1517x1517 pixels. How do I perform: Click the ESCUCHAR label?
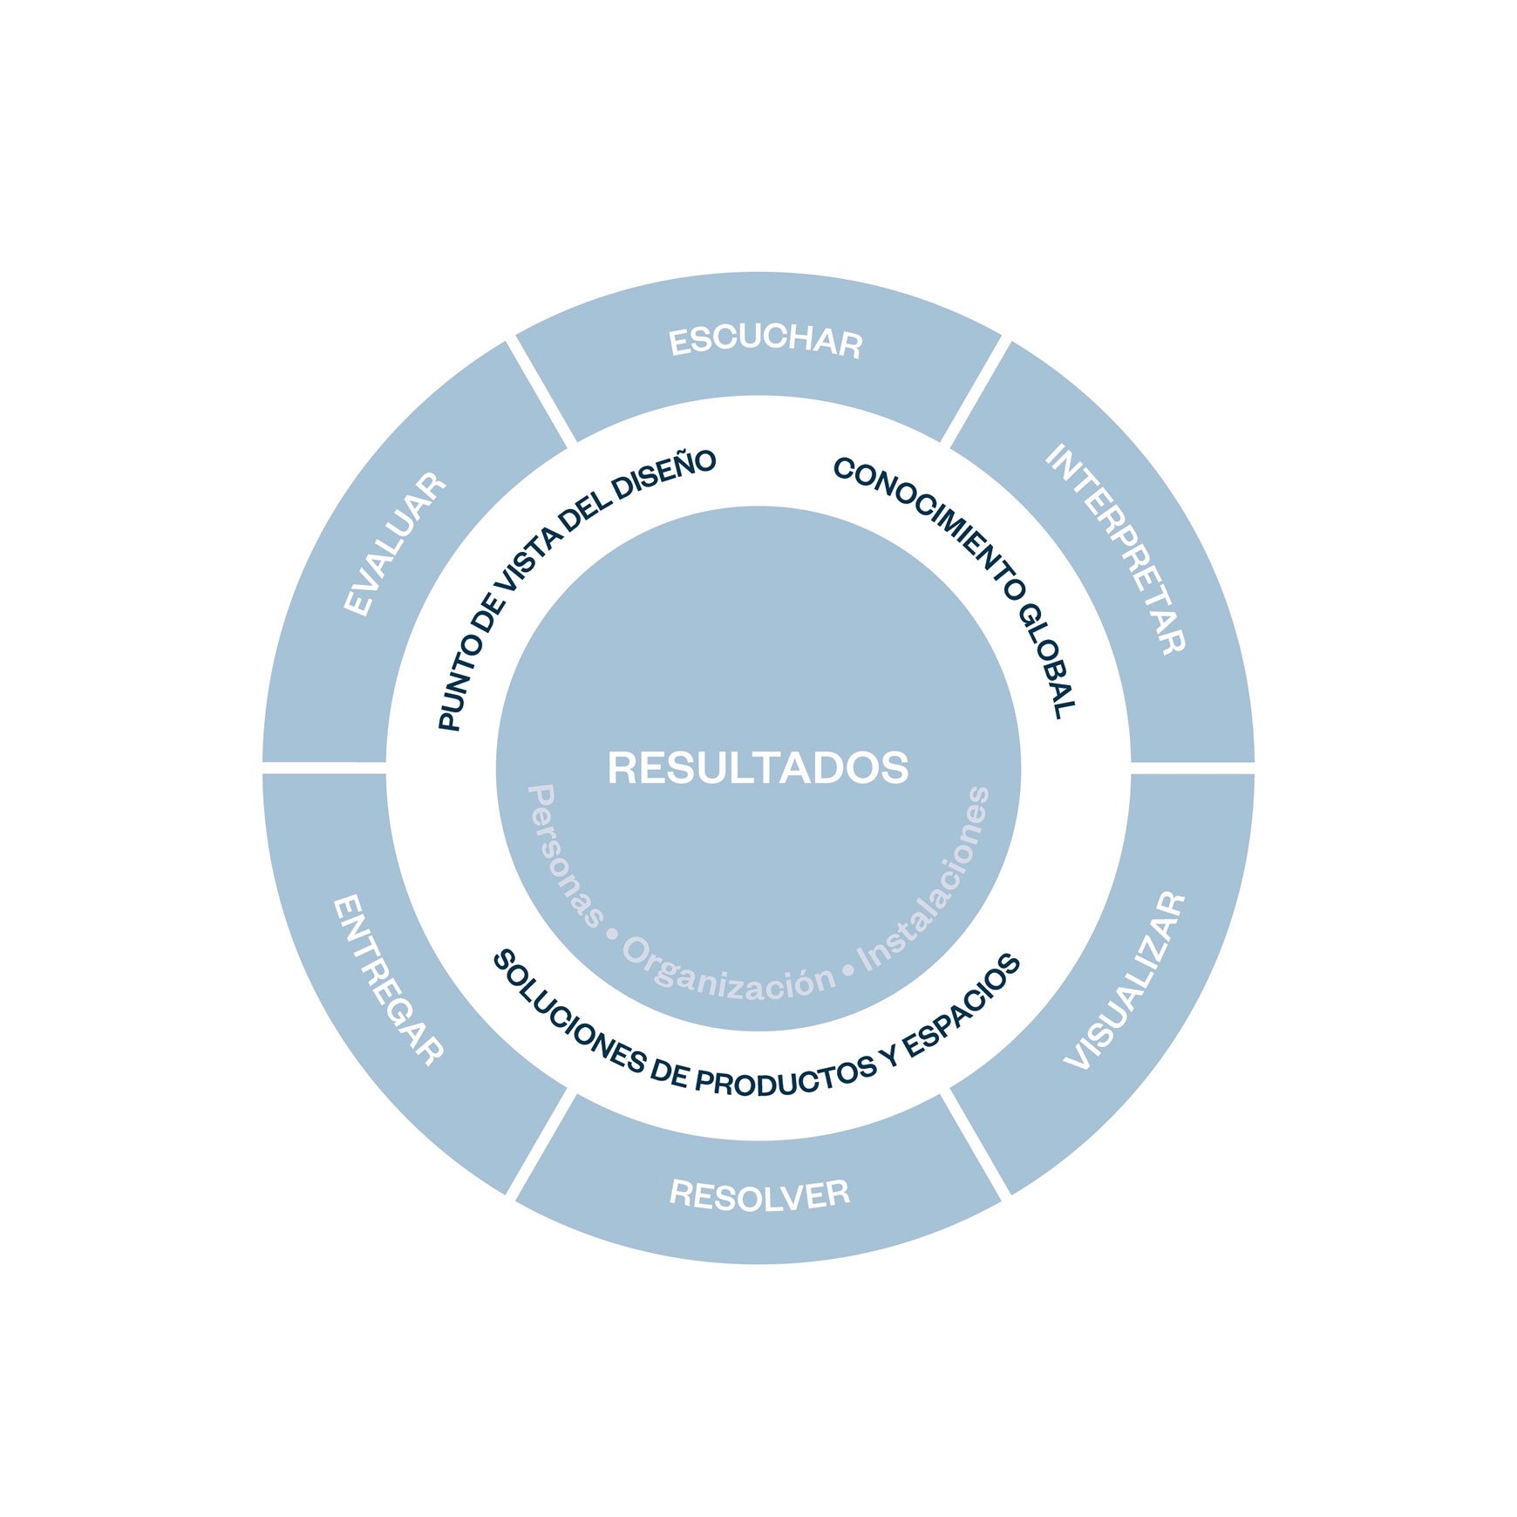point(765,341)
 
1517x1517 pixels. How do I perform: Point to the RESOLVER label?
point(759,1194)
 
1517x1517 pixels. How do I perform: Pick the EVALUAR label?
point(395,545)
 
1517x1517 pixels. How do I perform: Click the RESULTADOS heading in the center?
point(758,768)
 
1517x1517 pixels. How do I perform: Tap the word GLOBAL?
point(1047,658)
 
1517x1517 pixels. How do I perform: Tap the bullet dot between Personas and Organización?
point(612,935)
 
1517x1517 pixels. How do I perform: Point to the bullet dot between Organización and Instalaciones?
point(847,970)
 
